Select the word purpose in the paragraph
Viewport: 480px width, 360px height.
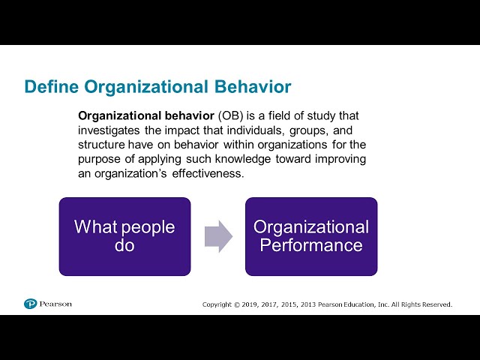click(x=102, y=159)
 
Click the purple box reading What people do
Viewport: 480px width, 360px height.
click(x=124, y=236)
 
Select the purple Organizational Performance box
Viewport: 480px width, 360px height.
click(x=311, y=236)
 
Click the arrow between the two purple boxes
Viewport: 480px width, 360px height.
click(x=218, y=236)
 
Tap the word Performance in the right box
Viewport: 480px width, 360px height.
click(x=311, y=245)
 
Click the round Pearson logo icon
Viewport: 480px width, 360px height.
click(x=30, y=304)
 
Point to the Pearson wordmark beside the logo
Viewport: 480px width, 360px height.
click(x=56, y=304)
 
